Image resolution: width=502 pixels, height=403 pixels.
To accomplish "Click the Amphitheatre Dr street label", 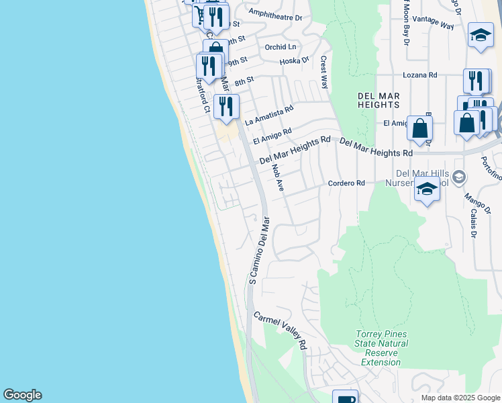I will [275, 13].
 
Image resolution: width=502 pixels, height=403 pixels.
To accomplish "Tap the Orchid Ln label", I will [280, 47].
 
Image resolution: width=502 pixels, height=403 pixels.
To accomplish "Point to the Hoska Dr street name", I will [295, 61].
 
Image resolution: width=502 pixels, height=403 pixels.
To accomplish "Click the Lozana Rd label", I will [419, 75].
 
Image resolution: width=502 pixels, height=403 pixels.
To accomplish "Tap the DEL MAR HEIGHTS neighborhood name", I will [379, 99].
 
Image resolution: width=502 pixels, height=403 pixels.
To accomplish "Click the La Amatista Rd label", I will [269, 115].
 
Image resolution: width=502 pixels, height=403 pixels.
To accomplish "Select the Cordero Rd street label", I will [346, 183].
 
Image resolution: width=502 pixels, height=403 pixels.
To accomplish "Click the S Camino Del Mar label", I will [258, 250].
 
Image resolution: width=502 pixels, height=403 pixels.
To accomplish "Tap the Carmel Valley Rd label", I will [280, 330].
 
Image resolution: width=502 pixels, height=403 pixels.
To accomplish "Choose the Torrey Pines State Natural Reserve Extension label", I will [381, 348].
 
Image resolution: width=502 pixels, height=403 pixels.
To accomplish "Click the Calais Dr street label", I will [473, 222].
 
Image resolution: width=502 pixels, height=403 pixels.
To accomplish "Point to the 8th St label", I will [244, 80].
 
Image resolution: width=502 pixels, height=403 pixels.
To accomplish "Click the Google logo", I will [22, 395].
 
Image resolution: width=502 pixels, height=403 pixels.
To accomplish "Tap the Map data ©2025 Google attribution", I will [460, 398].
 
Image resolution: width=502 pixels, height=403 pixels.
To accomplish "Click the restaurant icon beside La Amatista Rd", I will [226, 106].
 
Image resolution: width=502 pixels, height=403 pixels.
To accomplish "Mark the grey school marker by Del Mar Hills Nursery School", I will [459, 177].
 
